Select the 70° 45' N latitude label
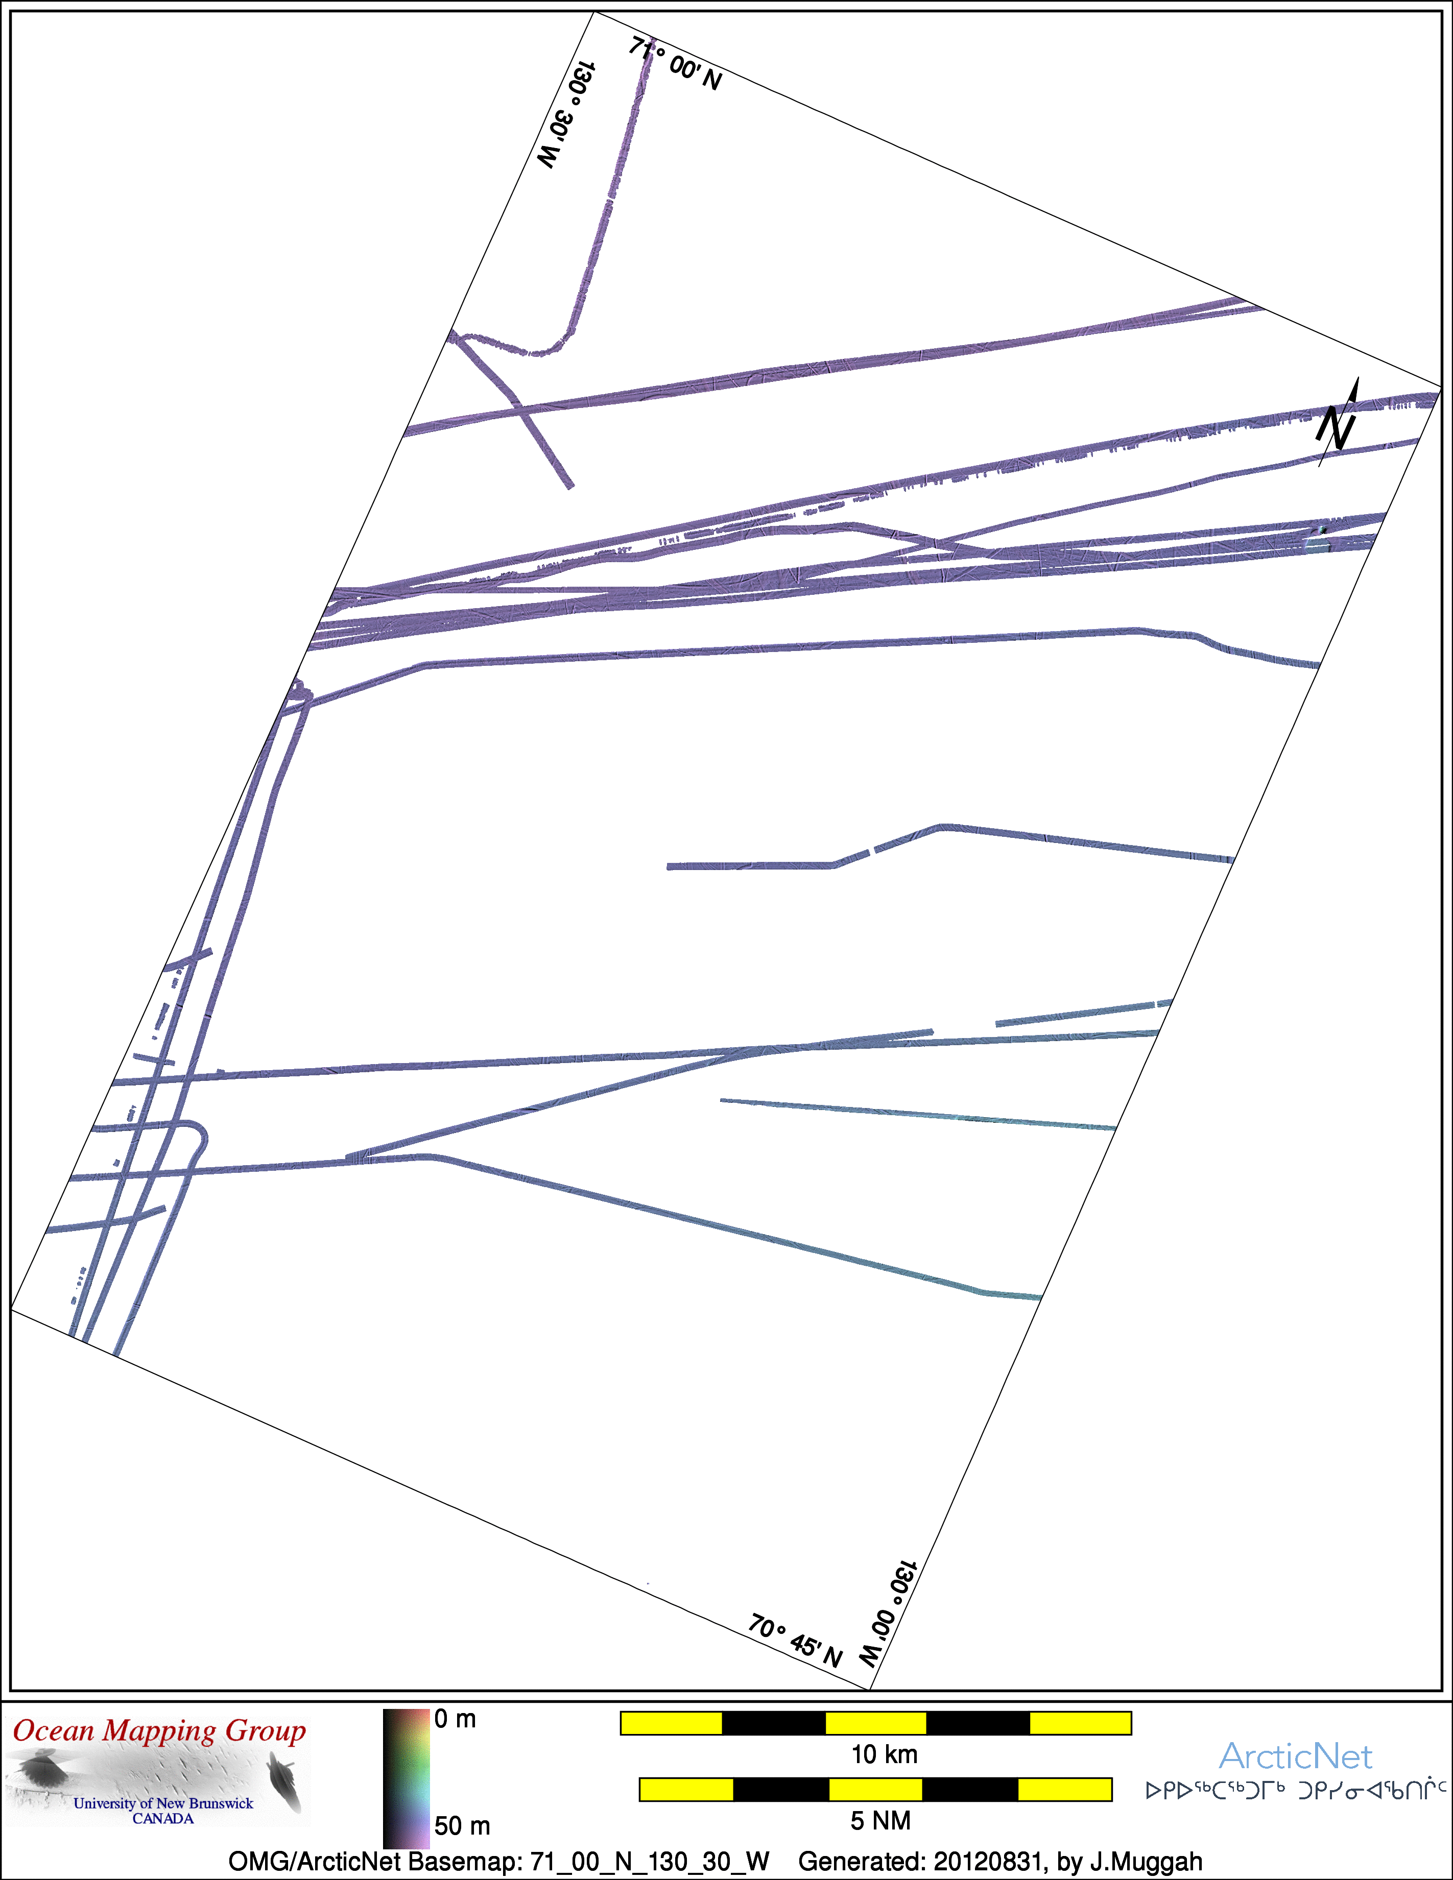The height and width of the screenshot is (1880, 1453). (x=795, y=1641)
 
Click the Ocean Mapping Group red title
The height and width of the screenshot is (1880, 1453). (x=159, y=1731)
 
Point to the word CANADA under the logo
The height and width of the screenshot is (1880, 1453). (x=163, y=1819)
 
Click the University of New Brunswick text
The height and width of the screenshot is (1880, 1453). (x=163, y=1803)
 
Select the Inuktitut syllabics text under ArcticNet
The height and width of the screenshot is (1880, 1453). (x=1296, y=1791)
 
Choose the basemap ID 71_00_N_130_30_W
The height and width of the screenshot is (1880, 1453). (x=650, y=1862)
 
